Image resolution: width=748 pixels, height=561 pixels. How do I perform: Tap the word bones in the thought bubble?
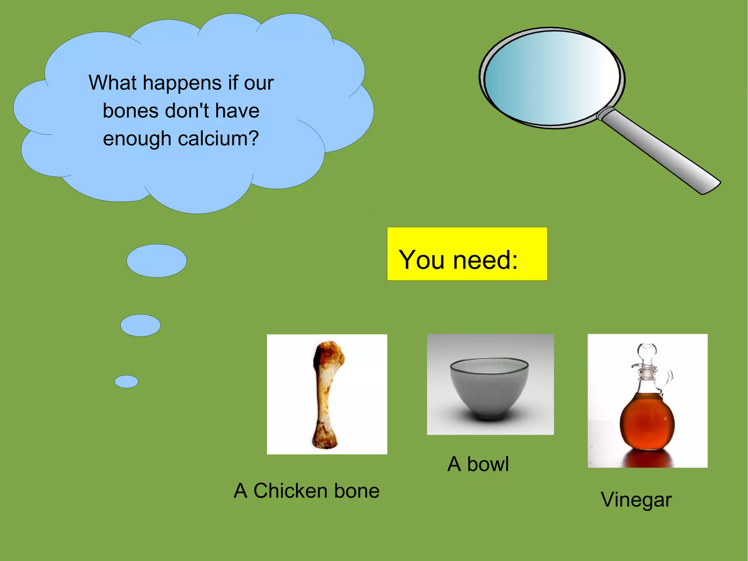pyautogui.click(x=130, y=111)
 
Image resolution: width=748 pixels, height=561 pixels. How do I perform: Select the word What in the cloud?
pyautogui.click(x=112, y=83)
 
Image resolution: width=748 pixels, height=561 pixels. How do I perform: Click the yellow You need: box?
pyautogui.click(x=467, y=254)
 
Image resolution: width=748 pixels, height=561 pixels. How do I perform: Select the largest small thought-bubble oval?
pyautogui.click(x=156, y=261)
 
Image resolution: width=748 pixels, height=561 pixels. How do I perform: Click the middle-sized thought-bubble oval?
pyautogui.click(x=140, y=325)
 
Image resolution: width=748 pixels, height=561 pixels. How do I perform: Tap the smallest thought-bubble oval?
pyautogui.click(x=126, y=382)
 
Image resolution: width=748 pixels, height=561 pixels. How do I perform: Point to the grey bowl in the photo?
pyautogui.click(x=489, y=387)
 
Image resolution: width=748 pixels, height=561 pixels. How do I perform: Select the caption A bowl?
pyautogui.click(x=478, y=464)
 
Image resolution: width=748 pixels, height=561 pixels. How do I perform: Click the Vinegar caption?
pyautogui.click(x=636, y=500)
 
